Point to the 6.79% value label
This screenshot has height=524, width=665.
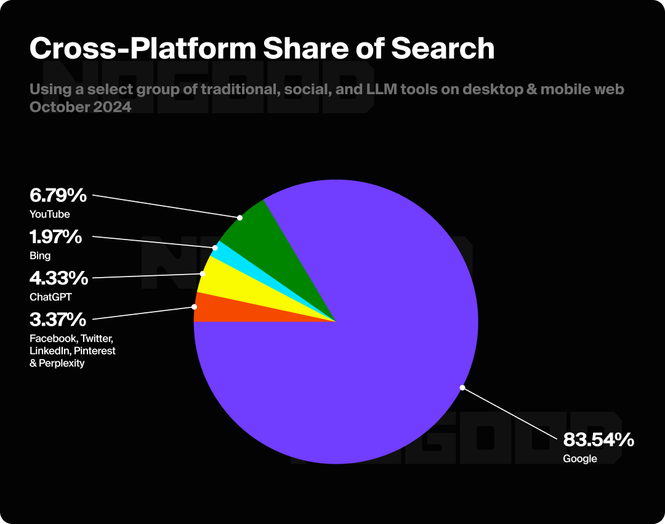coord(58,196)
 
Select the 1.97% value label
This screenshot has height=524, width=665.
coord(55,236)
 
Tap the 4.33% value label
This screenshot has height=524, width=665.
coord(58,278)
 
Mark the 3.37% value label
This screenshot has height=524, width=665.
coord(57,319)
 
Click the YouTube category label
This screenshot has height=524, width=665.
coord(49,214)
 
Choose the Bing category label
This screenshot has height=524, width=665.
coord(40,256)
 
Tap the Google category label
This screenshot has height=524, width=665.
coord(580,459)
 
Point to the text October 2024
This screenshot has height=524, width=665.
coord(80,106)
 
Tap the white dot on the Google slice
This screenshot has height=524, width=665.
coord(462,387)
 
